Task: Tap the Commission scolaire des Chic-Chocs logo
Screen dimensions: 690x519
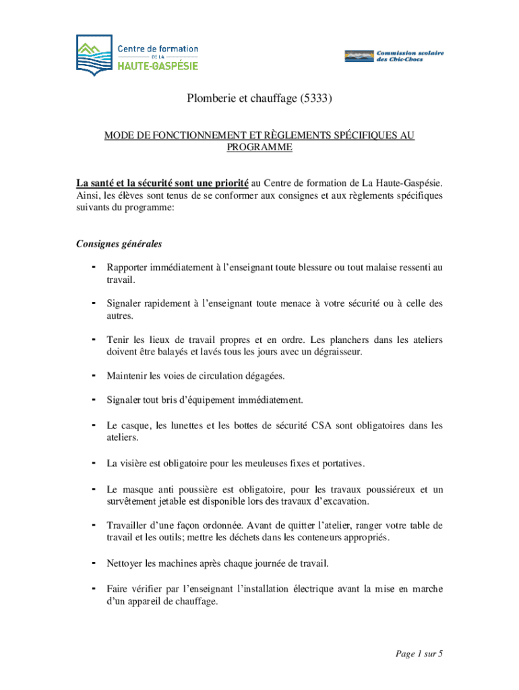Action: point(394,56)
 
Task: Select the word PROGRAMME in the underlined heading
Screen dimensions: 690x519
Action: point(259,148)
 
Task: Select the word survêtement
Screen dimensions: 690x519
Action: point(133,501)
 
